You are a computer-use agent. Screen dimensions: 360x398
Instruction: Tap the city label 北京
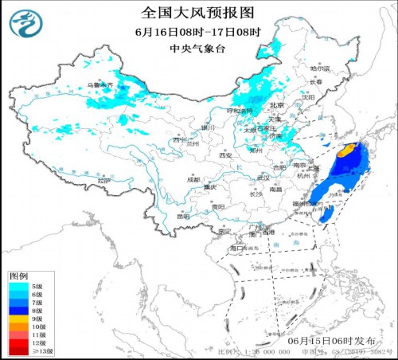coord(276,105)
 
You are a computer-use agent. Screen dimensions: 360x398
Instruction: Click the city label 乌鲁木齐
coord(97,84)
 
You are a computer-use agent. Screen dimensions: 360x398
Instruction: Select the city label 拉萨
coord(101,182)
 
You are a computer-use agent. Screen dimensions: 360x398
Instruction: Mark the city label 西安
coord(228,155)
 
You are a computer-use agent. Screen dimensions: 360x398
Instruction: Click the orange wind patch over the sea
coord(345,149)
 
